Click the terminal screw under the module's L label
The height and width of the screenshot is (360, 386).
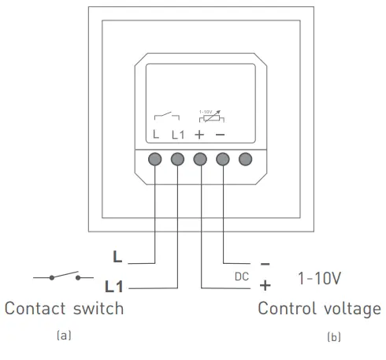tap(155, 160)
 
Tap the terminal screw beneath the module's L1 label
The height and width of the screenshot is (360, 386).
tap(177, 160)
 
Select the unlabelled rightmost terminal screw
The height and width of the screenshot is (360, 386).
tap(246, 160)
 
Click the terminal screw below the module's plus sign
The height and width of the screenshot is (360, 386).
tap(200, 160)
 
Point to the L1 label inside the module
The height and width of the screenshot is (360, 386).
tap(177, 135)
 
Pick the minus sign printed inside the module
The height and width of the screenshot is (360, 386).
tap(223, 135)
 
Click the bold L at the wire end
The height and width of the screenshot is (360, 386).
tap(117, 257)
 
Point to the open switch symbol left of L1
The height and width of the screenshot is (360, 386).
tap(65, 276)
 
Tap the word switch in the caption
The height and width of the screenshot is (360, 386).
tap(98, 308)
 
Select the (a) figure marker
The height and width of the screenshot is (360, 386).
tap(64, 336)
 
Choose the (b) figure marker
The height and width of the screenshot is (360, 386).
tap(334, 337)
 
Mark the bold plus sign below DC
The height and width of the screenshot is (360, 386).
tap(265, 285)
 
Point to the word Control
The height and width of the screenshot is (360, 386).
tap(284, 308)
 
